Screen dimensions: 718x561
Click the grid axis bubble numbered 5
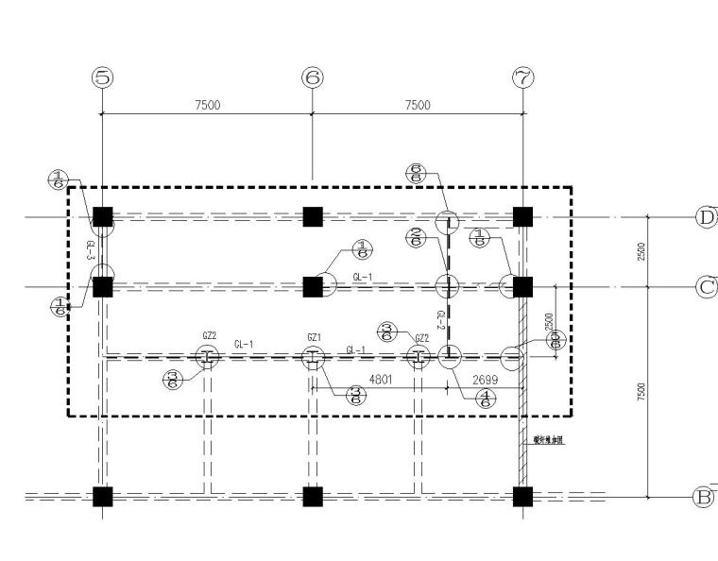pos(102,78)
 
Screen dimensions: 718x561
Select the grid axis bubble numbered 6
pos(313,78)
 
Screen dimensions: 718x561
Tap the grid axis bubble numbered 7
pos(522,78)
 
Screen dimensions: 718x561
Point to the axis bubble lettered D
pos(706,217)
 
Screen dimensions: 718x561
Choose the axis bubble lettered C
pos(706,286)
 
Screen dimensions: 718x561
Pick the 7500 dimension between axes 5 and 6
pos(207,105)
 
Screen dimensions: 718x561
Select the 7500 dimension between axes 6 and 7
pos(418,105)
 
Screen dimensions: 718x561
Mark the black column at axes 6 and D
pos(313,216)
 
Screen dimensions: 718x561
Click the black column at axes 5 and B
pos(103,496)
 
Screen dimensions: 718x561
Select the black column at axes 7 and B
pos(522,496)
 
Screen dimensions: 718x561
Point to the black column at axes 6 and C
pos(313,285)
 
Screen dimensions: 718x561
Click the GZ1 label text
pos(315,337)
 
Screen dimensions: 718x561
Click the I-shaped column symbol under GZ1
pos(313,357)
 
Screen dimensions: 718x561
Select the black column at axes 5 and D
pos(103,216)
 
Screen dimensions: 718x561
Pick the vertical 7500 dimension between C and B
pos(642,391)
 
